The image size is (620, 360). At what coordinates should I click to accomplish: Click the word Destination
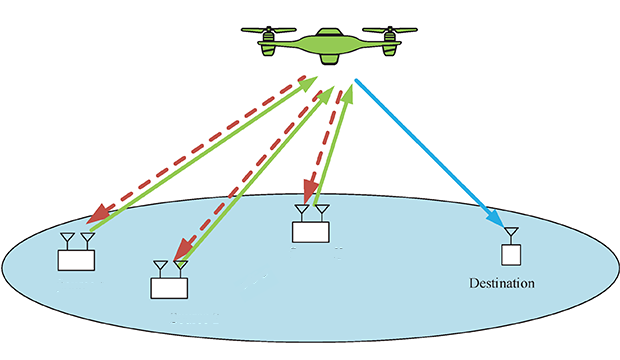pos(502,283)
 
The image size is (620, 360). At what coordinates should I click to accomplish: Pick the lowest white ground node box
pos(169,287)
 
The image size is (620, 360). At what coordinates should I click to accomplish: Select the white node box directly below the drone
pos(310,231)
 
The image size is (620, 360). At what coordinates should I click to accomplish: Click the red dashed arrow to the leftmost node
pos(200,150)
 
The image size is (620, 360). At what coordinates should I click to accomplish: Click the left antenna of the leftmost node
pos(67,241)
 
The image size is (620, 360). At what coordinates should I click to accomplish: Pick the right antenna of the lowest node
pos(180,267)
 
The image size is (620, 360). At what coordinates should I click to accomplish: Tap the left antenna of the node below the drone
pos(301,212)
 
